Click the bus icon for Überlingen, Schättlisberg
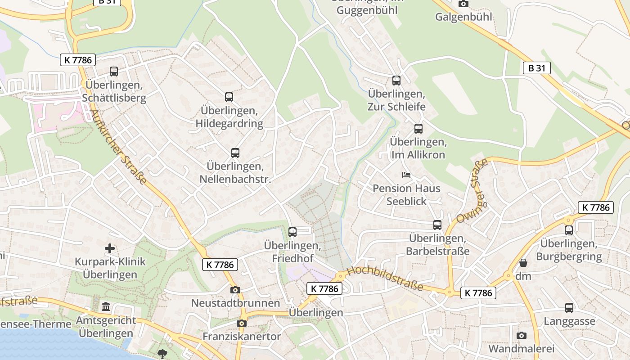pyautogui.click(x=114, y=71)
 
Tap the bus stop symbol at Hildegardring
pyautogui.click(x=229, y=97)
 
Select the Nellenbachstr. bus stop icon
pyautogui.click(x=235, y=153)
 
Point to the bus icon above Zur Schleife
pyautogui.click(x=396, y=80)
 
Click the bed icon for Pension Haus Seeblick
pyautogui.click(x=406, y=175)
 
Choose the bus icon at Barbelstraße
pyautogui.click(x=437, y=225)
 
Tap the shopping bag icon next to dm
pyautogui.click(x=523, y=262)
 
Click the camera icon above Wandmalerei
pyautogui.click(x=522, y=335)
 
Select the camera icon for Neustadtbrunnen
pyautogui.click(x=235, y=290)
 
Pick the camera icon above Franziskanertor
pyautogui.click(x=242, y=323)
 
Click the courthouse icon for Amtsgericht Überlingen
pyautogui.click(x=106, y=307)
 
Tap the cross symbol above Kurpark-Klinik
pyautogui.click(x=110, y=248)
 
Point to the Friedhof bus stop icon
pyautogui.click(x=292, y=232)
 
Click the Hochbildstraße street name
pyautogui.click(x=385, y=278)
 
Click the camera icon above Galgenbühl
pyautogui.click(x=463, y=4)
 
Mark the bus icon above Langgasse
pyautogui.click(x=569, y=308)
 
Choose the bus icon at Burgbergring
pyautogui.click(x=569, y=230)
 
